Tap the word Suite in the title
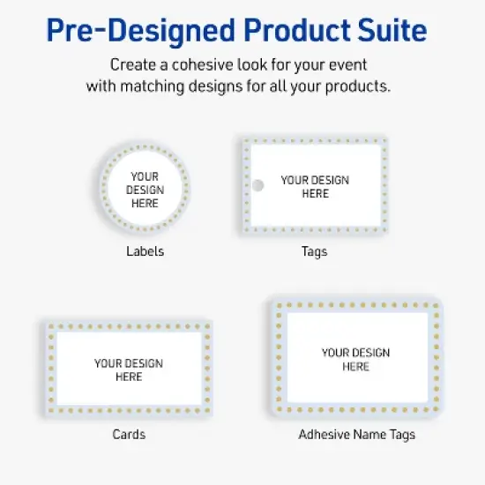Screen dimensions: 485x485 389,32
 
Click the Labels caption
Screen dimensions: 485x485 145,251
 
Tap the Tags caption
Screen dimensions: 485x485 314,251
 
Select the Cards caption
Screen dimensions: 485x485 129,434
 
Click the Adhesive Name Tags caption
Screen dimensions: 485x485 356,434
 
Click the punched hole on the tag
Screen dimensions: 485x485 258,186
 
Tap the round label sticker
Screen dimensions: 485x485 145,189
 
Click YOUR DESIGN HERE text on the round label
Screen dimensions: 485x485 145,190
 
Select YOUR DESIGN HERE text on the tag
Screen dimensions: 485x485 315,187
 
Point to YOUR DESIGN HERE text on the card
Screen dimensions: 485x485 129,369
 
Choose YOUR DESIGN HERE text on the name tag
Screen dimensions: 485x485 356,359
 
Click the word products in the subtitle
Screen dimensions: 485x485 362,86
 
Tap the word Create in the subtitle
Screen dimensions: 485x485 133,65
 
